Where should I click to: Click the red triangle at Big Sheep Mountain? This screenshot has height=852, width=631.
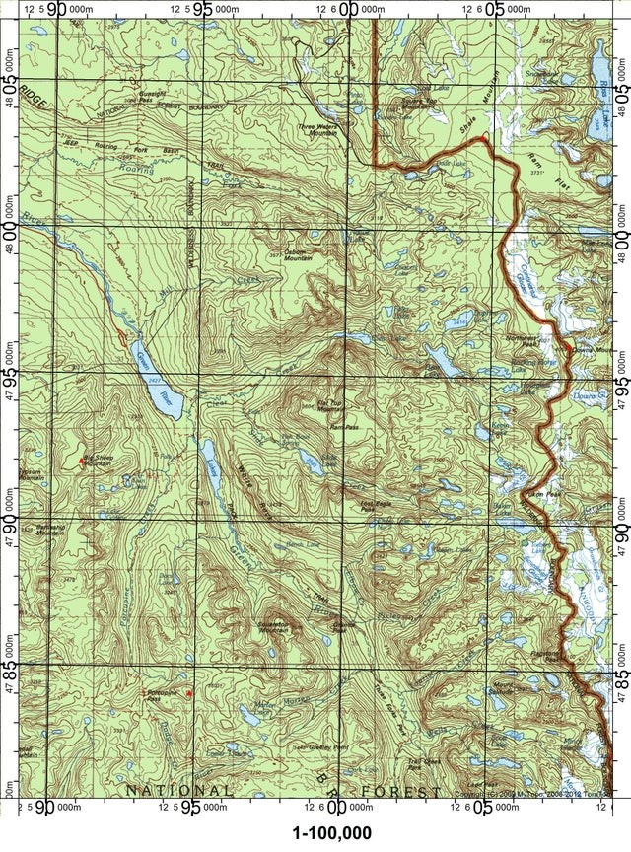[81, 461]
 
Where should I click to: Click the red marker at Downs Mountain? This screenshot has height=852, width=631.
[569, 351]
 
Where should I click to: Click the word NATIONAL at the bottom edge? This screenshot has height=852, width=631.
[177, 791]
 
